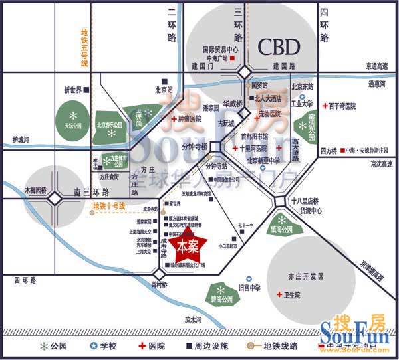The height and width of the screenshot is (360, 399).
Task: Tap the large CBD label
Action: [x=279, y=47]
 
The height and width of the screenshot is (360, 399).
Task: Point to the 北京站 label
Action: [x=164, y=88]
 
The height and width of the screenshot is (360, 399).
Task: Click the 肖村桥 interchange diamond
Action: [x=159, y=272]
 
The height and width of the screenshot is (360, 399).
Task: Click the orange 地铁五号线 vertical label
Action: [x=84, y=48]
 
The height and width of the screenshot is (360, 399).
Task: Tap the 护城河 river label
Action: [x=22, y=140]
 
